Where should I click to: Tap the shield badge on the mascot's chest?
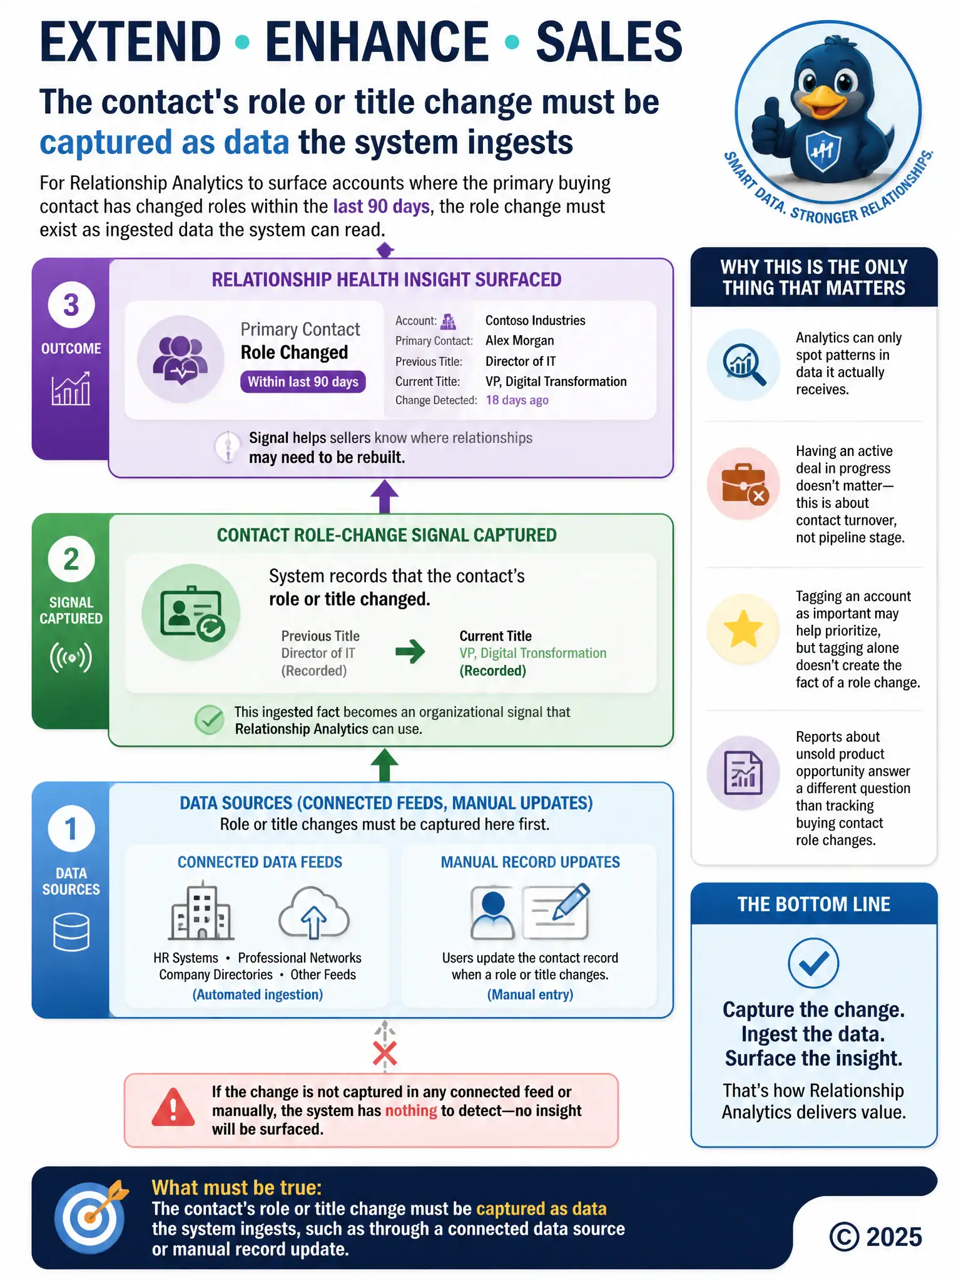pos(822,151)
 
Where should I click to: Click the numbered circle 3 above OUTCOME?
pos(71,305)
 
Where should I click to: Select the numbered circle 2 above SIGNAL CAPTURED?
pos(71,559)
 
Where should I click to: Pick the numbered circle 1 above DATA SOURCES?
pos(71,828)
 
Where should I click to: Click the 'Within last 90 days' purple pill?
pos(303,382)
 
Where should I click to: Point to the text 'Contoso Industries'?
pos(535,320)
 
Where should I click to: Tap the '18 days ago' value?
pos(517,400)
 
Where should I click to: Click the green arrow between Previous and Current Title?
pos(410,652)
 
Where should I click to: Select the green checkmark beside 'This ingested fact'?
pos(209,720)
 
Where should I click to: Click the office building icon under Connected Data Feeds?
pos(201,911)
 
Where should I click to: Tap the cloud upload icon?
pos(313,912)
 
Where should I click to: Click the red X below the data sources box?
pos(384,1054)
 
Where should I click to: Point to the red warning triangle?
pos(173,1107)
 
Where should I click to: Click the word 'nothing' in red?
pos(410,1110)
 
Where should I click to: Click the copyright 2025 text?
pos(875,1237)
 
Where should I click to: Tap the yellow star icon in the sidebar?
pos(743,629)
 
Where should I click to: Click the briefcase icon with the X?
pos(743,484)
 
